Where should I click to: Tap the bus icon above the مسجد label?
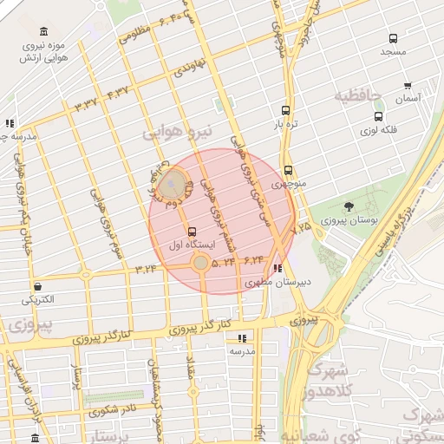[394, 38]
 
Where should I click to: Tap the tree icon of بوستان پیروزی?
[349, 207]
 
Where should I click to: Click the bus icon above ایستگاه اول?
[192, 232]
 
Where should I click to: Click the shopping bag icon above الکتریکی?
[37, 287]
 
